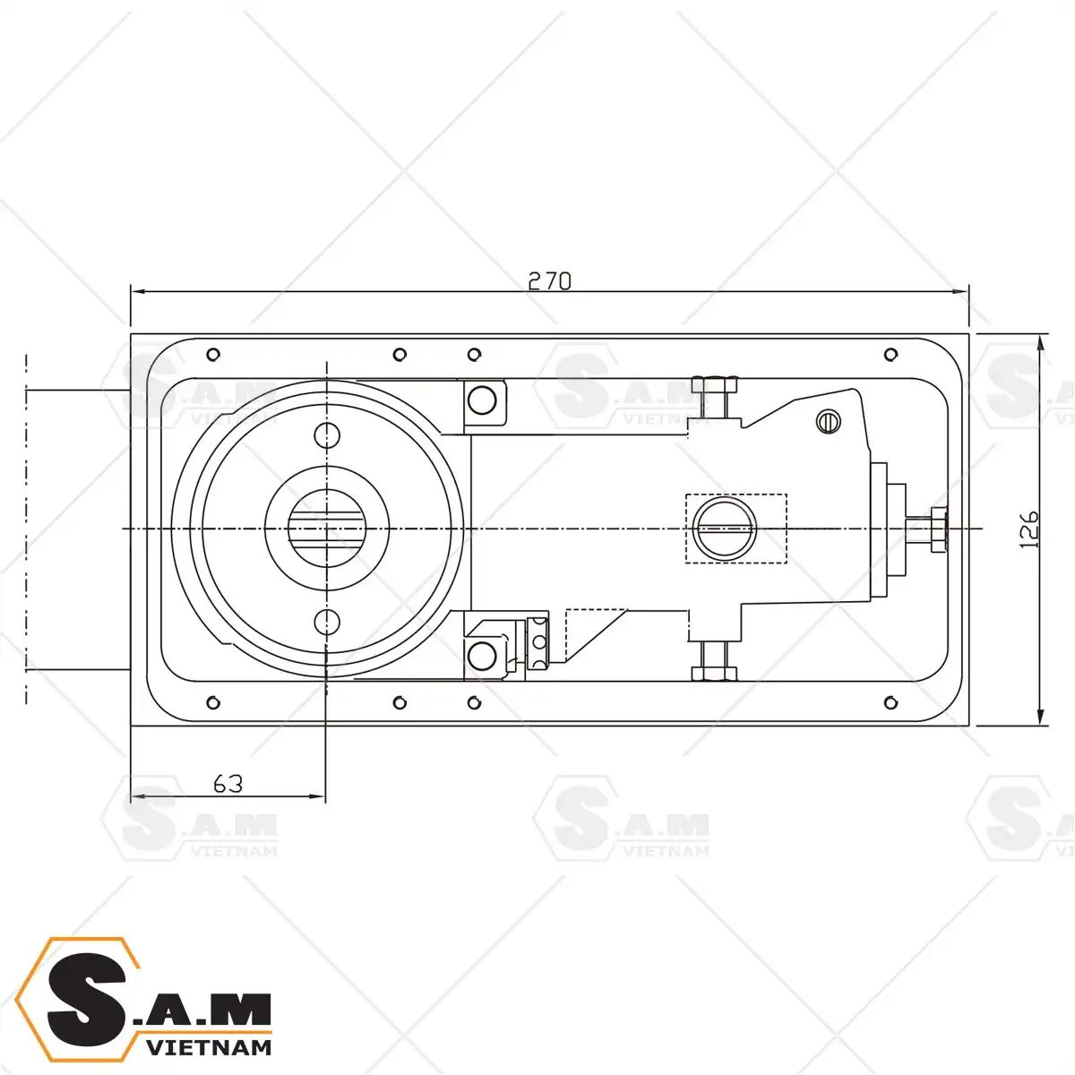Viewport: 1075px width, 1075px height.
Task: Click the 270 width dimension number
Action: click(x=549, y=281)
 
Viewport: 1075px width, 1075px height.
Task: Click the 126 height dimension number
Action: click(x=1028, y=529)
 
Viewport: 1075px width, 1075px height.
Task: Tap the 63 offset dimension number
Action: click(x=228, y=784)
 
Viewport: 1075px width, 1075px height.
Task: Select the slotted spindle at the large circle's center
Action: click(x=326, y=528)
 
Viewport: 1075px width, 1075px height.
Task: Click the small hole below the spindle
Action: click(x=327, y=622)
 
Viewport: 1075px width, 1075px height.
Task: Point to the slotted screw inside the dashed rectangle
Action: click(x=724, y=528)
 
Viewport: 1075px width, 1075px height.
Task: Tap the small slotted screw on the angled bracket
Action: click(x=829, y=421)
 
